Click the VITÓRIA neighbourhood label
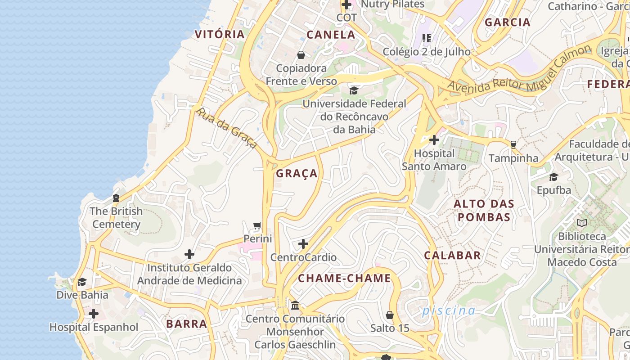coord(220,34)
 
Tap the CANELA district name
coord(331,35)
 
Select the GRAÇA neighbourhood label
coord(297,174)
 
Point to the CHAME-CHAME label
coord(344,278)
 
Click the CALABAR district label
coord(452,256)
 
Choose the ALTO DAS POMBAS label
coord(484,211)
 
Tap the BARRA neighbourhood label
coord(187,324)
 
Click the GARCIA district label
coord(508,22)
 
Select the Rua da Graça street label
coord(227,128)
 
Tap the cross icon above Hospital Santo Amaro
coord(434,140)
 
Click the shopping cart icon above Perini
coord(257,225)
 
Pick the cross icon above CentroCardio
coord(303,244)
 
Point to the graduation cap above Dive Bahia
coord(82,282)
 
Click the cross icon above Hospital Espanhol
coord(94,314)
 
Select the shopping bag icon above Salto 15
coord(390,315)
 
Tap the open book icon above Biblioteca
coord(582,223)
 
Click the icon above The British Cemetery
coord(116,198)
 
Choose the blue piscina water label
coord(449,310)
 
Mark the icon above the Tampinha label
coord(513,145)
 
